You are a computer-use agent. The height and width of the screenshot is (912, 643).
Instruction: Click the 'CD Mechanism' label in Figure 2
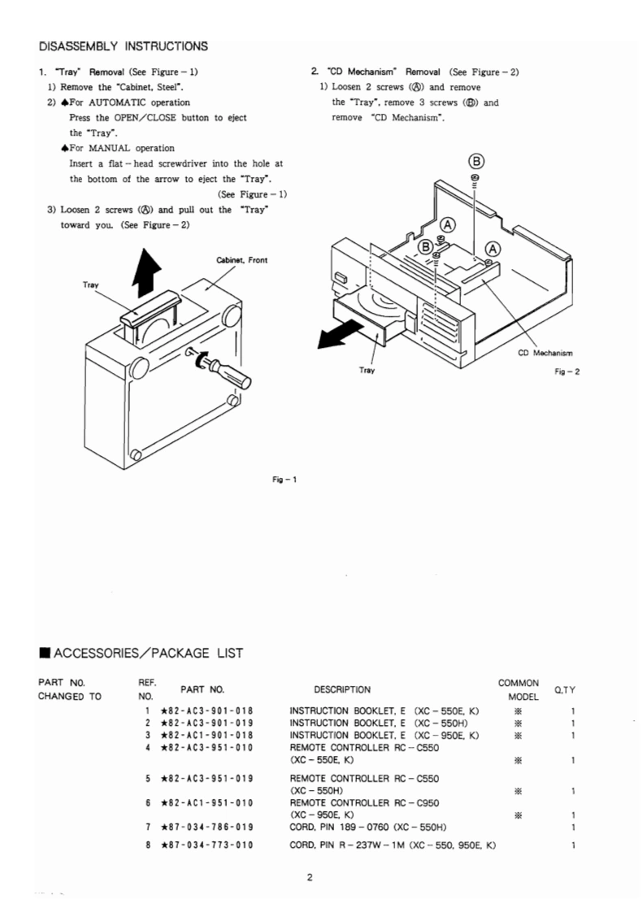click(x=545, y=353)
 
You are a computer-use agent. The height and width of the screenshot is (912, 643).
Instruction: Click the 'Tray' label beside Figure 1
click(x=91, y=284)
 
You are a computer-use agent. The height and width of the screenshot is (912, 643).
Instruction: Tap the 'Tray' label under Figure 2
click(x=367, y=370)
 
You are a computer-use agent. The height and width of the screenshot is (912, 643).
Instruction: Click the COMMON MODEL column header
click(x=519, y=689)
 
